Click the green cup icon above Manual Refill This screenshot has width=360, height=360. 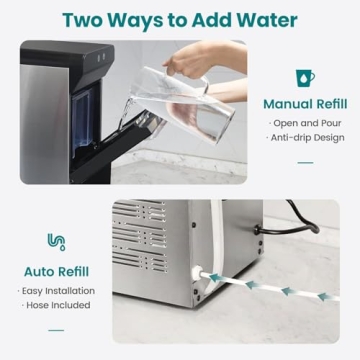pos(304,78)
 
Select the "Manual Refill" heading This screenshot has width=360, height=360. pos(304,104)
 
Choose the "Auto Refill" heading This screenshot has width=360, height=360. pos(56,270)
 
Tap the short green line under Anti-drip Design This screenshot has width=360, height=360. pos(304,162)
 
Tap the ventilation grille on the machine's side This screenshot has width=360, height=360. pos(140,245)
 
